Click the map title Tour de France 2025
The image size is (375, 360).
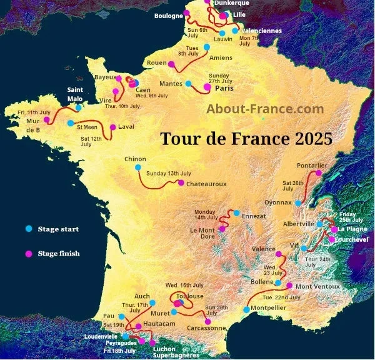pos(246,138)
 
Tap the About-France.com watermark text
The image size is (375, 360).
pos(265,109)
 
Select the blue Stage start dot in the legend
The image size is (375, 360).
pos(27,229)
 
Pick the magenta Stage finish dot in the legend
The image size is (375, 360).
pos(27,254)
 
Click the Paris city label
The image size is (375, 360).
pos(224,89)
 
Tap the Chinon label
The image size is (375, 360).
pos(136,159)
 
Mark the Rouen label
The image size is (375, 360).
pos(156,63)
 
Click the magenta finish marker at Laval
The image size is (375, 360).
pos(112,127)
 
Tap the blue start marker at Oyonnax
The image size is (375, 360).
pos(299,203)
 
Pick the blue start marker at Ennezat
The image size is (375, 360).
pos(237,214)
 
